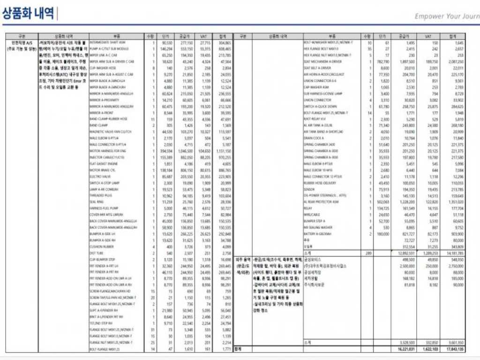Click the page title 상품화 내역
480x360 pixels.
pos(29,14)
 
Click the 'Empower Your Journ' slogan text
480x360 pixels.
pos(447,16)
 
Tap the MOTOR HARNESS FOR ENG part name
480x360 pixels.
pos(108,151)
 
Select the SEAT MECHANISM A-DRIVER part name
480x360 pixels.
pos(323,61)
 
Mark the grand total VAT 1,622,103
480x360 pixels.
pos(430,349)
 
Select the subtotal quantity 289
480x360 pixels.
pos(368,253)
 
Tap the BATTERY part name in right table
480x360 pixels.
pos(318,233)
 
